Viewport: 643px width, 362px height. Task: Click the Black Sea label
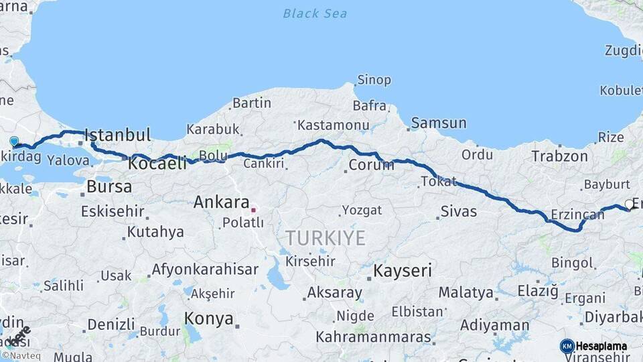coord(314,13)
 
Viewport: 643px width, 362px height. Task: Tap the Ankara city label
coord(221,202)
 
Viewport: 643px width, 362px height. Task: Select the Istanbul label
coord(118,134)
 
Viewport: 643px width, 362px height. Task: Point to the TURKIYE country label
coord(326,238)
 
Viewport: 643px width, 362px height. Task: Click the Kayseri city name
coord(403,271)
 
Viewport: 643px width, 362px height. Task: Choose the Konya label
coord(209,318)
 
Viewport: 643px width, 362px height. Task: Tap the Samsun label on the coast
coord(439,123)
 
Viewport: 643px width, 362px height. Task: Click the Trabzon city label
coord(559,156)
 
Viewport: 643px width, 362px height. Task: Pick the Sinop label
coord(374,80)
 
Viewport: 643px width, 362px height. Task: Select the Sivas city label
coord(459,212)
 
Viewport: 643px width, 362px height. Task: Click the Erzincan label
coord(577,215)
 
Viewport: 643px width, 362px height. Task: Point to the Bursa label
coord(109,187)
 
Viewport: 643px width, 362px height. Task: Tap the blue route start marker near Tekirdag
coord(14,141)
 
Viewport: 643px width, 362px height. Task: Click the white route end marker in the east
coord(629,204)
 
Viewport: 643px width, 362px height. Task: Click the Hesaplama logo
coord(593,346)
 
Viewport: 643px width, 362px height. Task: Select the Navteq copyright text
coord(21,356)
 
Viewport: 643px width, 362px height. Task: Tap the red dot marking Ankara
coord(253,210)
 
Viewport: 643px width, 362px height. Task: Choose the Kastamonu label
coord(334,125)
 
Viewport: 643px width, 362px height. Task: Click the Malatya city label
coord(466,292)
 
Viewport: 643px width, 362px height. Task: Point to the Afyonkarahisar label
coord(205,269)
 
